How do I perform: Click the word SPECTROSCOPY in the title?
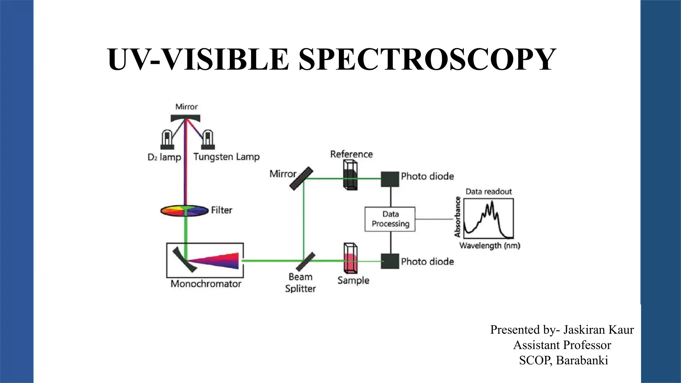coord(427,59)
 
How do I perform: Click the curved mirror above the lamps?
coord(186,118)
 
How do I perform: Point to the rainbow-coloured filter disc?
coord(184,211)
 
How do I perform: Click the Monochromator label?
coord(206,284)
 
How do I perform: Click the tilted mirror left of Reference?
coord(301,179)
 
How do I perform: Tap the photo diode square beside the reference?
coord(390,179)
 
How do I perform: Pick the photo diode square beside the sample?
coord(390,261)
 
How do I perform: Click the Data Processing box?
coord(390,219)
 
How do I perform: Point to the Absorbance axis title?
coord(458,217)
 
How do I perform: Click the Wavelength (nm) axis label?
coord(489,246)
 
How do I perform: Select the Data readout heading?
coord(488,191)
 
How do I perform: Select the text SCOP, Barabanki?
coord(563,360)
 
